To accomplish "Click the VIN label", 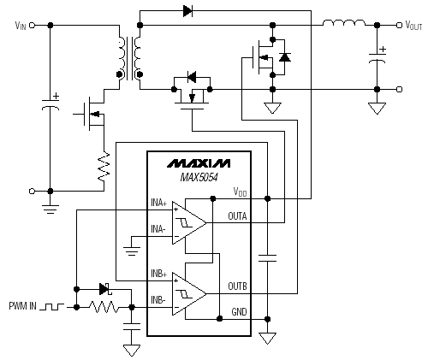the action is [x=21, y=26].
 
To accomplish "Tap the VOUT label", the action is [x=413, y=26].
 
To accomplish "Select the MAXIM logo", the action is [x=199, y=163].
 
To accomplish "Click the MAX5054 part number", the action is [x=199, y=177].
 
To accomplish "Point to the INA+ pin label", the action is [x=158, y=203].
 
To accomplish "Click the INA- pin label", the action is [x=158, y=229].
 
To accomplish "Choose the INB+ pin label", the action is [x=158, y=274].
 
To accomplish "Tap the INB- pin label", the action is [x=158, y=299].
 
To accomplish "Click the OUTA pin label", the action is [x=237, y=216].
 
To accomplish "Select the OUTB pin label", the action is [x=237, y=286].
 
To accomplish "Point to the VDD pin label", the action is [x=240, y=192].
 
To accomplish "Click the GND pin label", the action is [x=239, y=312].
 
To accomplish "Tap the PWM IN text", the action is [x=23, y=306].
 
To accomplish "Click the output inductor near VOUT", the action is [x=344, y=23].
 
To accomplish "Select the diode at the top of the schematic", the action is [x=187, y=11].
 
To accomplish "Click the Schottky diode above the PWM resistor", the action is [x=105, y=289].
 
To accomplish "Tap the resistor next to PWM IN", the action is [x=104, y=307].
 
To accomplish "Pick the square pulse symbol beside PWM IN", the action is [x=51, y=307].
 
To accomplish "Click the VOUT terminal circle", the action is [x=399, y=26].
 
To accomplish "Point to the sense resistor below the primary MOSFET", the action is [x=104, y=167].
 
